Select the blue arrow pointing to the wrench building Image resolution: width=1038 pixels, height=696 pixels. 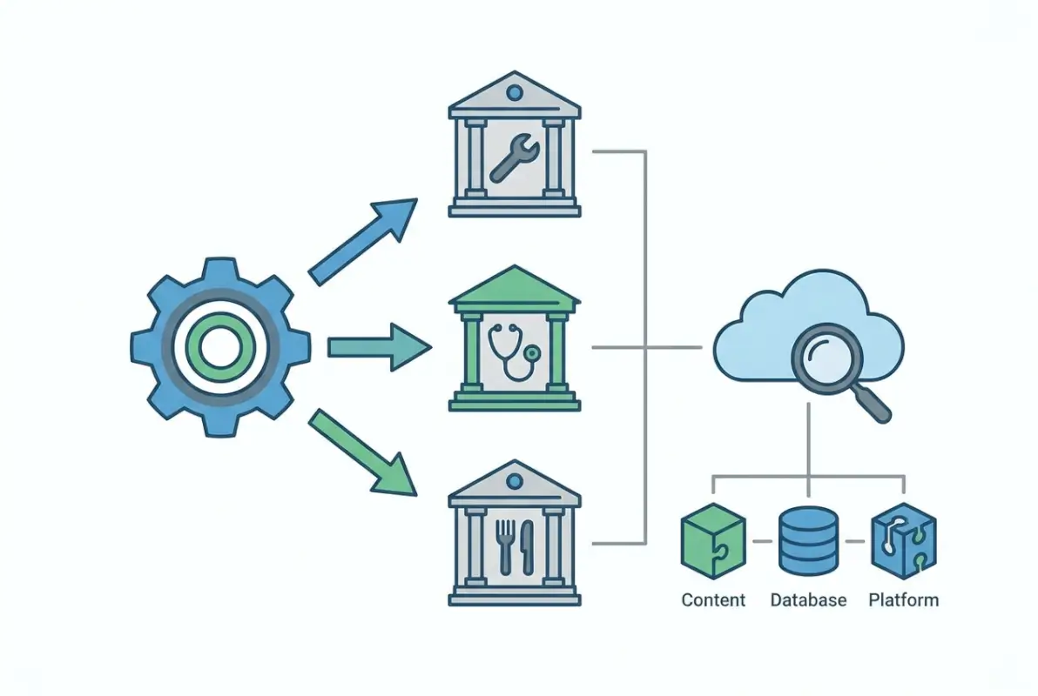tap(362, 241)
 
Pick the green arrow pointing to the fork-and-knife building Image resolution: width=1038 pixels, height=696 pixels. tap(362, 452)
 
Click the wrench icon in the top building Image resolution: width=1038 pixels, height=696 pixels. tap(515, 157)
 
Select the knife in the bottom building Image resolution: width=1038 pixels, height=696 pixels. tap(528, 546)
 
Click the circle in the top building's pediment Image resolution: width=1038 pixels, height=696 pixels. tap(515, 91)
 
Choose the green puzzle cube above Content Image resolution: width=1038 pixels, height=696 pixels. tap(712, 540)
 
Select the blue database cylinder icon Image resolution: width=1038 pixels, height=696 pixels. tap(807, 540)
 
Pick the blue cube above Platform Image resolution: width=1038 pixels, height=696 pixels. tap(903, 540)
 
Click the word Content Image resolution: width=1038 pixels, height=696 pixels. tap(713, 600)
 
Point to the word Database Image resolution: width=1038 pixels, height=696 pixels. tap(808, 600)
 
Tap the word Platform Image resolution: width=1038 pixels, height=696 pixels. tap(904, 600)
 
